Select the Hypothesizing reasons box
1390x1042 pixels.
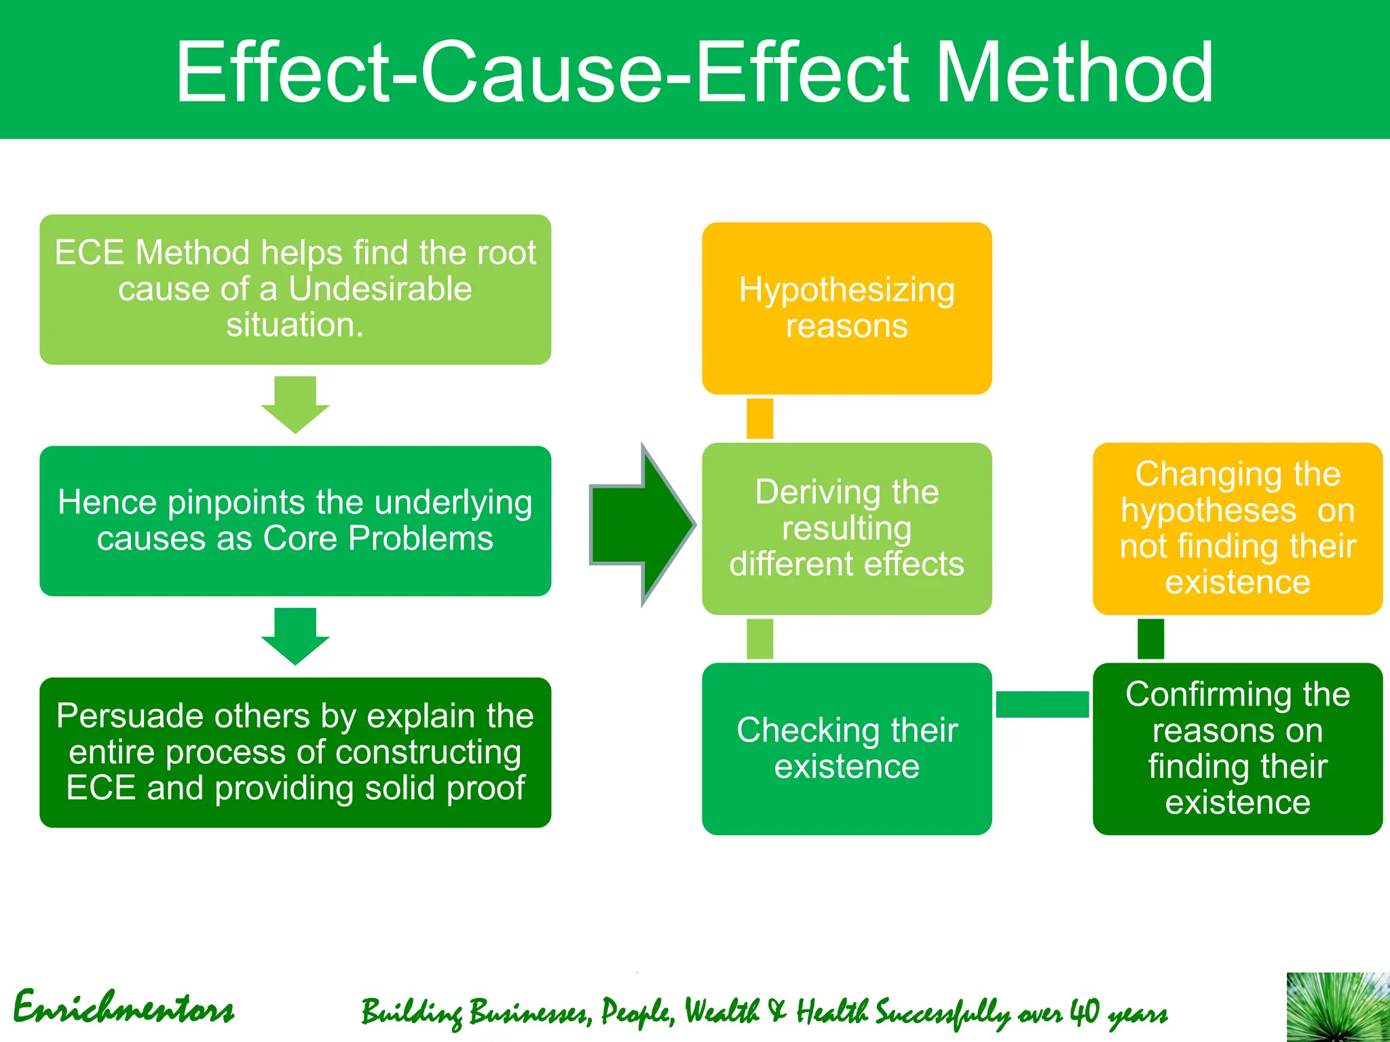(x=846, y=308)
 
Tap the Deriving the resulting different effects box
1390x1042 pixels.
(x=846, y=528)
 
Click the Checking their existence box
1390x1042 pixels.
(x=846, y=748)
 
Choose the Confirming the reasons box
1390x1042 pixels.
(x=1237, y=748)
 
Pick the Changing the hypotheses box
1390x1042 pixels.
(x=1237, y=528)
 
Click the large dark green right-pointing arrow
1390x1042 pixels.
(x=641, y=524)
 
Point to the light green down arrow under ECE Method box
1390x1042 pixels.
(x=295, y=404)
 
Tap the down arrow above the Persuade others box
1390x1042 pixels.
(x=295, y=636)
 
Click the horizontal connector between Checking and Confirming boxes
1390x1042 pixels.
(x=1042, y=704)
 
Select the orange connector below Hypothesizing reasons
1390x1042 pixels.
(x=759, y=419)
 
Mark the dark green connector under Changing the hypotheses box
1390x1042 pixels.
(x=1150, y=638)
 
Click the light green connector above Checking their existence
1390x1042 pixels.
(x=759, y=638)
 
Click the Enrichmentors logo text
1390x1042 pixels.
(x=124, y=1007)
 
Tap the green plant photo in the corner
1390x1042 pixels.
(x=1337, y=1007)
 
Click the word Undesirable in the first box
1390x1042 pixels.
(x=379, y=289)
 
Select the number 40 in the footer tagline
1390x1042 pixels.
(x=1084, y=1011)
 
